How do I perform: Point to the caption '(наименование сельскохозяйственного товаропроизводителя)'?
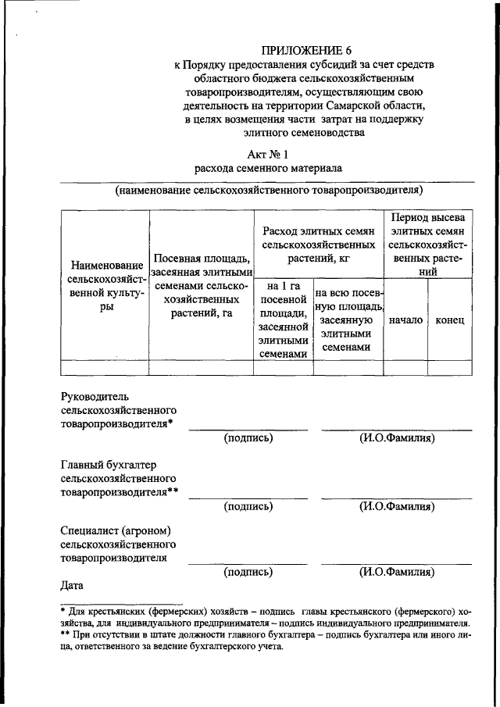268,190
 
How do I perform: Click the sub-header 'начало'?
405,320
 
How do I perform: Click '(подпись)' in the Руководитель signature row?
248,438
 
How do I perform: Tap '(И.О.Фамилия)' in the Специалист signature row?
397,571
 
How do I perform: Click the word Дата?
74,584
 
